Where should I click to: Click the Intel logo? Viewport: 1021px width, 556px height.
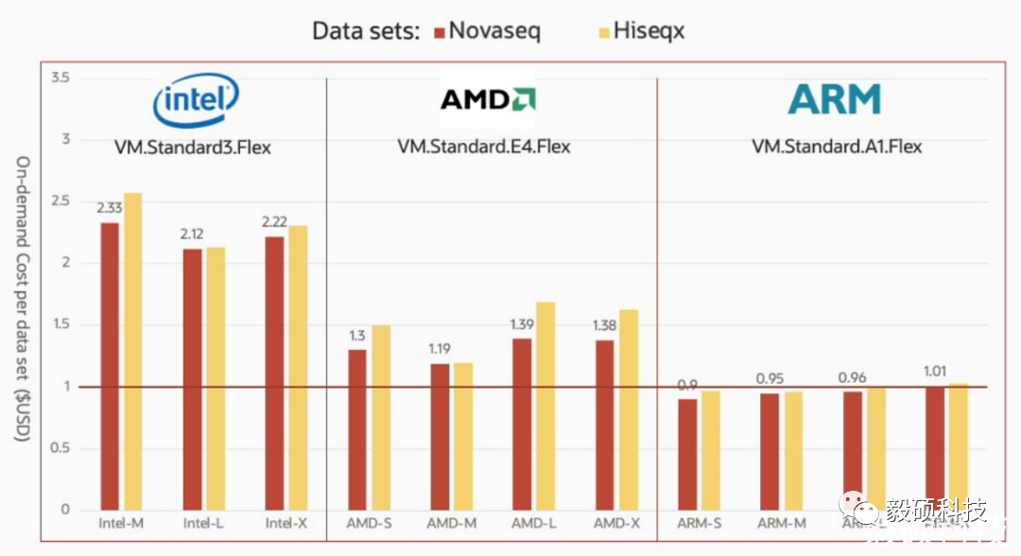pos(197,99)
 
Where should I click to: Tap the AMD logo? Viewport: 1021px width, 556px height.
pos(488,99)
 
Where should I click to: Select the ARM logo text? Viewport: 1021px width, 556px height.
pos(835,99)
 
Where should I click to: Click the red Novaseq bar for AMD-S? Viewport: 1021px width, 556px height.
pos(357,430)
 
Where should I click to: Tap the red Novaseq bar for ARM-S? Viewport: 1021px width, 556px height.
pos(687,455)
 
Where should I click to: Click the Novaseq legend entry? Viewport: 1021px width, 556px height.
pos(486,31)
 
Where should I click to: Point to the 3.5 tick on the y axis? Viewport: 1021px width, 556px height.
pos(61,78)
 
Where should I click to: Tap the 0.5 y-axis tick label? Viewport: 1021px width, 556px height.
pos(61,448)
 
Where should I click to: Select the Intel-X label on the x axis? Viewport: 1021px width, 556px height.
pos(285,523)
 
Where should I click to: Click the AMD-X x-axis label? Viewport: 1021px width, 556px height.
pos(615,523)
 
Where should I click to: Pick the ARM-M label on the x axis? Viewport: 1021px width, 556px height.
pos(782,523)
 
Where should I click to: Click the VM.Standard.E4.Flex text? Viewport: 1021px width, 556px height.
pos(484,147)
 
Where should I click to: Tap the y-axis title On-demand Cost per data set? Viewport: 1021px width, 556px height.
pos(21,299)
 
